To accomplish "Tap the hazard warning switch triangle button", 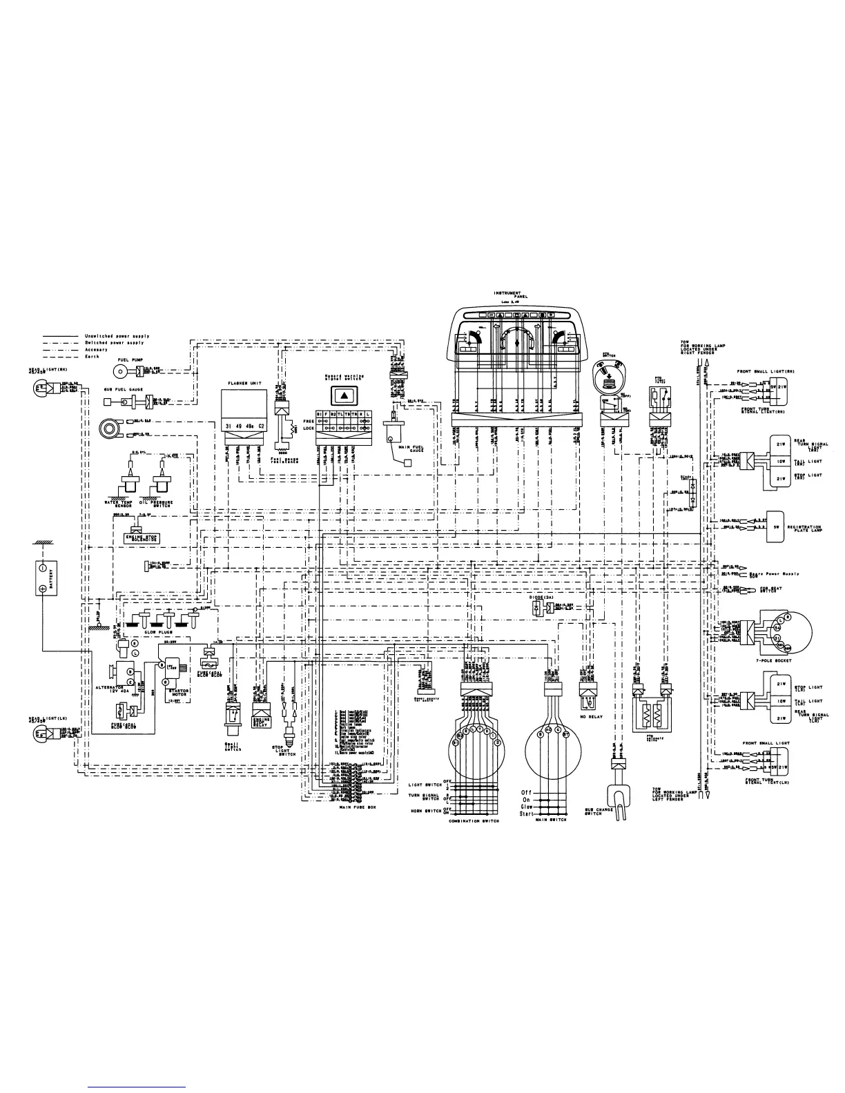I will [344, 395].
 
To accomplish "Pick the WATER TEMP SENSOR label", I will [119, 504].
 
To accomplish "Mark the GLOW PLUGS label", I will [159, 631].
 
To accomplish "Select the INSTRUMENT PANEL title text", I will [512, 295].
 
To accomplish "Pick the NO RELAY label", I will [592, 716].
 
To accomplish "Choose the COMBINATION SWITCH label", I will [474, 820].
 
